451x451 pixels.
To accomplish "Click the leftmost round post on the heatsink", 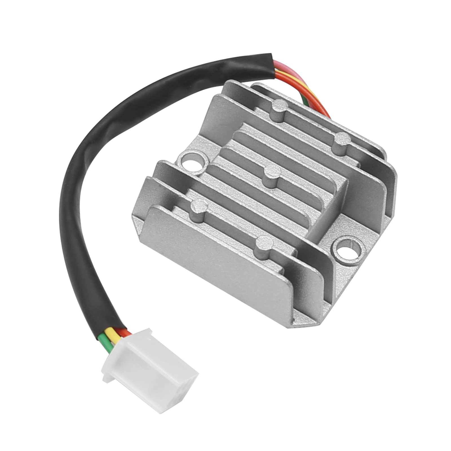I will pyautogui.click(x=198, y=207).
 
